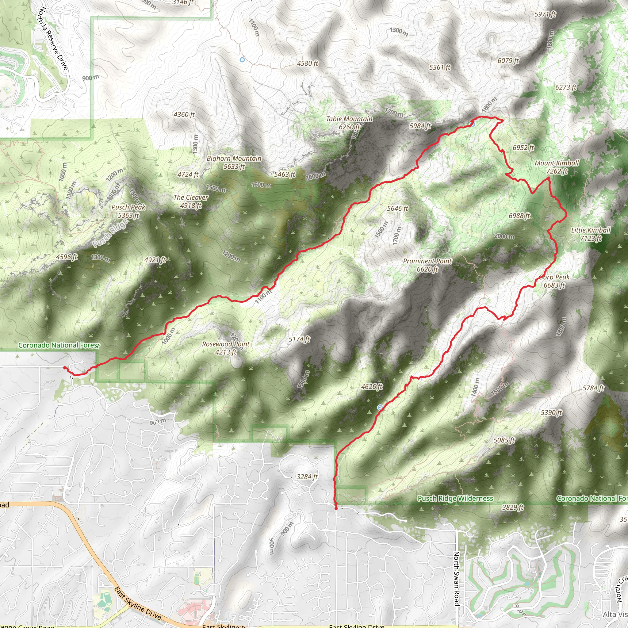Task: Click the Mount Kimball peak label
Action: (x=557, y=167)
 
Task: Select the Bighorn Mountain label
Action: (x=234, y=162)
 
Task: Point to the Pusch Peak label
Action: (x=128, y=211)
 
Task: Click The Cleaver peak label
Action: (x=191, y=201)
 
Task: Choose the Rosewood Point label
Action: (x=226, y=348)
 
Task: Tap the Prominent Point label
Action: (x=427, y=265)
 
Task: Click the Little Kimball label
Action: (x=591, y=234)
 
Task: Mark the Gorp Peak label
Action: (x=554, y=281)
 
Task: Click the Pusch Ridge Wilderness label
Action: (x=455, y=498)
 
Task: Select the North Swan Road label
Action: (x=456, y=578)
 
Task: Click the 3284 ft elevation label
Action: (x=307, y=477)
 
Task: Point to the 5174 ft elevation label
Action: (x=299, y=339)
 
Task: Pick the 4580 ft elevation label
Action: (x=307, y=63)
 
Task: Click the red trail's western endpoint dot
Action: (x=64, y=368)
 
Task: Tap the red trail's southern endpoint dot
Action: (x=336, y=508)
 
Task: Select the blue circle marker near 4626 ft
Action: (x=380, y=407)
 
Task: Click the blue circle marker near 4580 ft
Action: (x=242, y=60)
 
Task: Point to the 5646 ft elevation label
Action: (x=397, y=208)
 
